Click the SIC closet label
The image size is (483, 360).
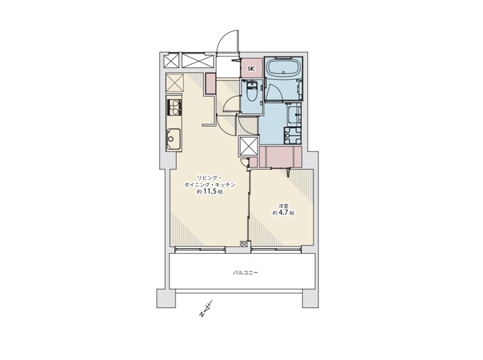251,69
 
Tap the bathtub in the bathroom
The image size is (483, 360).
283,68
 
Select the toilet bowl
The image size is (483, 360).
252,92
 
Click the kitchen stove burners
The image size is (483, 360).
174,107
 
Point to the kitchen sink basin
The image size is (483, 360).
174,139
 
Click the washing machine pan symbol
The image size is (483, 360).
292,136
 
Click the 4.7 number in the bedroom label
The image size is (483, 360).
283,212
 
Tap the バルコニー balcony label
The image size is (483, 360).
245,273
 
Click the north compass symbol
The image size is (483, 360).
206,309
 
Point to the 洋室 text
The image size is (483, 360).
283,206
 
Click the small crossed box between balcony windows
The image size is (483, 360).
244,244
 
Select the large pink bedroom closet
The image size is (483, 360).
280,157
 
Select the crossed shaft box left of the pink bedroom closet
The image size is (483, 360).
248,146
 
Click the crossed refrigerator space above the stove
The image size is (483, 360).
175,83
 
